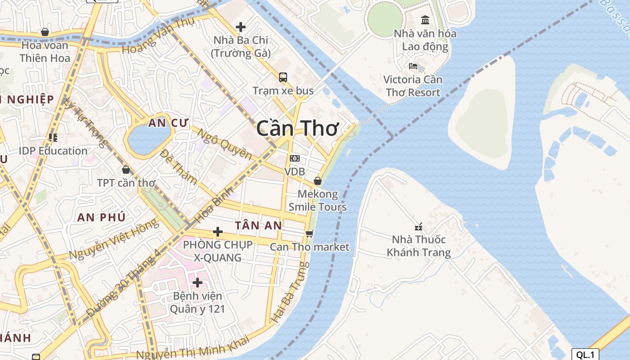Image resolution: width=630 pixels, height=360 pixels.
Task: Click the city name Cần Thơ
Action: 297,129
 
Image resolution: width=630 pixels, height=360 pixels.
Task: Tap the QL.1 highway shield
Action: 585,354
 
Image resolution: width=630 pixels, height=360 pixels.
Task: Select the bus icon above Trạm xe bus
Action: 283,77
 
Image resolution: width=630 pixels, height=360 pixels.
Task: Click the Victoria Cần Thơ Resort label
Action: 413,86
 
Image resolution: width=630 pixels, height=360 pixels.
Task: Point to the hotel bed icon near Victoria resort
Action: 413,66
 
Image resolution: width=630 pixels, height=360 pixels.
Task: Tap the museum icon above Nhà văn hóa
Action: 425,20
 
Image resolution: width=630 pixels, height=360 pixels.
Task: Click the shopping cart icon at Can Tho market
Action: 309,234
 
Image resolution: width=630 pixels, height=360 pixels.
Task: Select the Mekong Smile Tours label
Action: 318,201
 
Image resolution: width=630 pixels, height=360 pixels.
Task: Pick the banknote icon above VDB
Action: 295,158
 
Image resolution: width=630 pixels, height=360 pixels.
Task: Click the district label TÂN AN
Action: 258,225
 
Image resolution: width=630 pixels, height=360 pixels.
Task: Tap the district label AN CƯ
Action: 169,123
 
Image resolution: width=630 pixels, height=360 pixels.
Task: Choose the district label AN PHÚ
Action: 101,217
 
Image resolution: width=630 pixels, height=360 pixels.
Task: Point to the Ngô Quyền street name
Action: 225,145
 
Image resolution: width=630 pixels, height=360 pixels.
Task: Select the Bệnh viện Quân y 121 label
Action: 197,302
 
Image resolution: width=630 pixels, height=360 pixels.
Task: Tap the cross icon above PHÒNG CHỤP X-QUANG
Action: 218,232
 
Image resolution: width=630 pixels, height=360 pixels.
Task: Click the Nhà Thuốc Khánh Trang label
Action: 418,246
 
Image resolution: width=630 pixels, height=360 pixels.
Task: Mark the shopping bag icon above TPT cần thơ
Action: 126,170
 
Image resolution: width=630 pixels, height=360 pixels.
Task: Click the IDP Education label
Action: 53,151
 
